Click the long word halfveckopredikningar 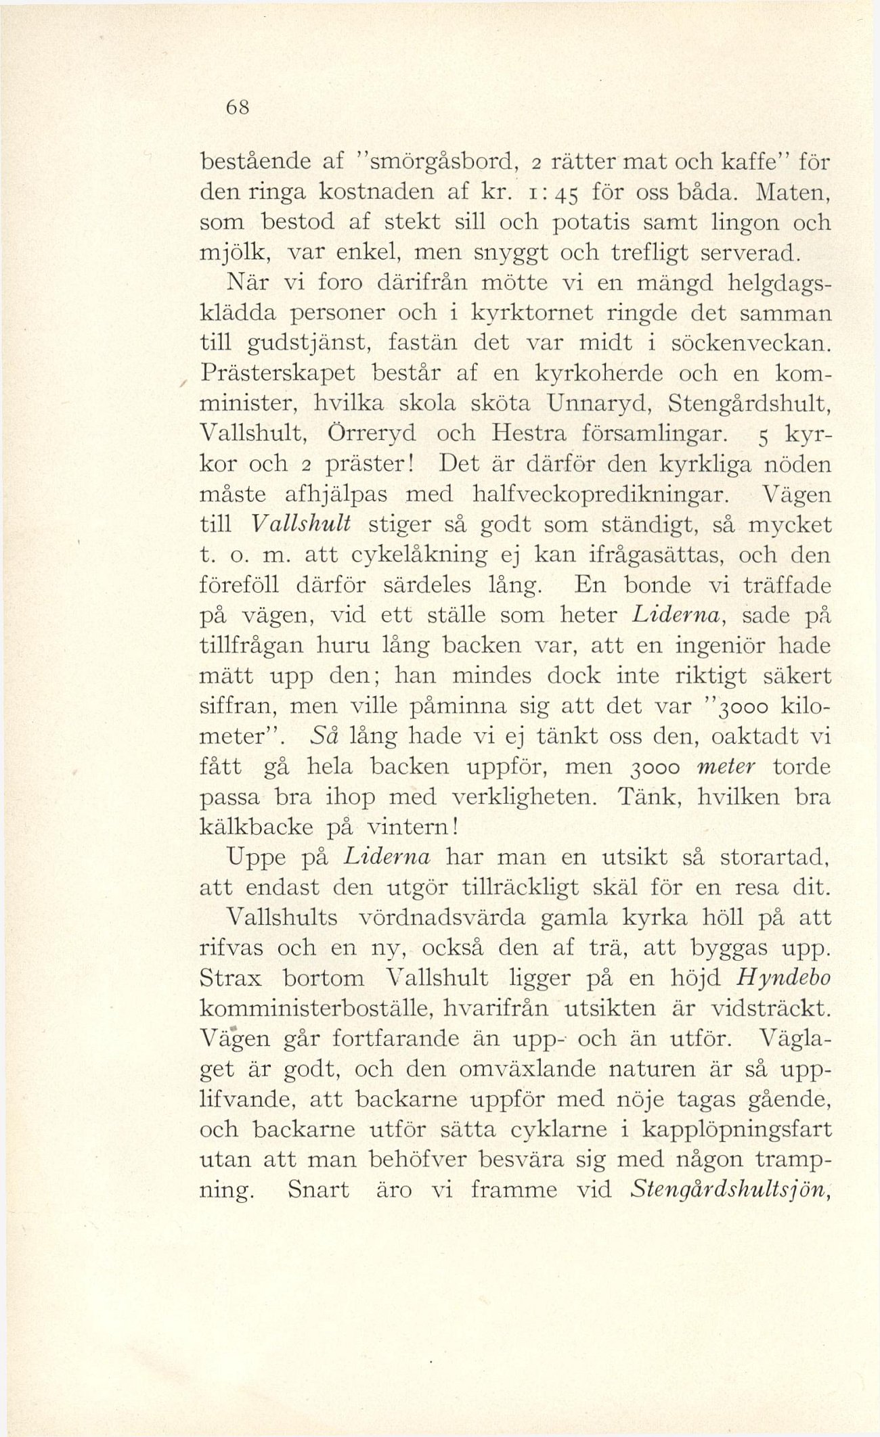(x=601, y=495)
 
